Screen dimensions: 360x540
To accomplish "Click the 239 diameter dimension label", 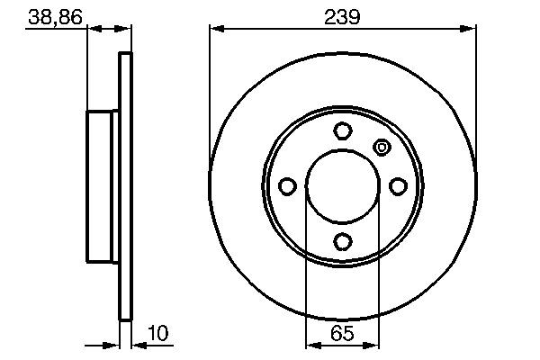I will point(343,15).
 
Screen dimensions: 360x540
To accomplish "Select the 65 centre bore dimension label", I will point(343,334).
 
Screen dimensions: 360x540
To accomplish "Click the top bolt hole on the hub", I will point(343,131).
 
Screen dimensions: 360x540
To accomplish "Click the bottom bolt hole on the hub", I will point(343,241).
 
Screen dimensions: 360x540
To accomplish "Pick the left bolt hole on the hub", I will point(288,186).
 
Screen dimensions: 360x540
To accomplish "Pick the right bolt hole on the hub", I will point(398,186).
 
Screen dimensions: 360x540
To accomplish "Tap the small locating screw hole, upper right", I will point(381,148).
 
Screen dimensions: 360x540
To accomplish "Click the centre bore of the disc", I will point(343,186).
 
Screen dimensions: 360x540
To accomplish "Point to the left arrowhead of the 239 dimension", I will point(216,30).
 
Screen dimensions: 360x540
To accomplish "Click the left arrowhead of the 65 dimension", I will point(311,346).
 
